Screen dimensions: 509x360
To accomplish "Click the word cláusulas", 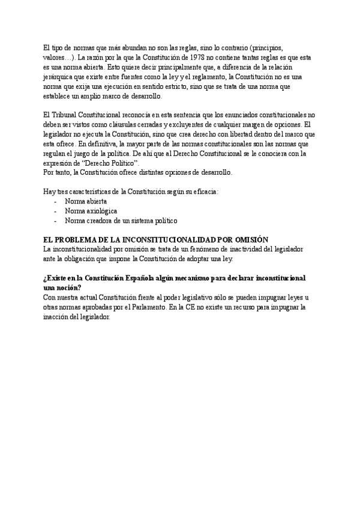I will point(125,124).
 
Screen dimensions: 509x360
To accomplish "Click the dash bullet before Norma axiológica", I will point(56,211).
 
